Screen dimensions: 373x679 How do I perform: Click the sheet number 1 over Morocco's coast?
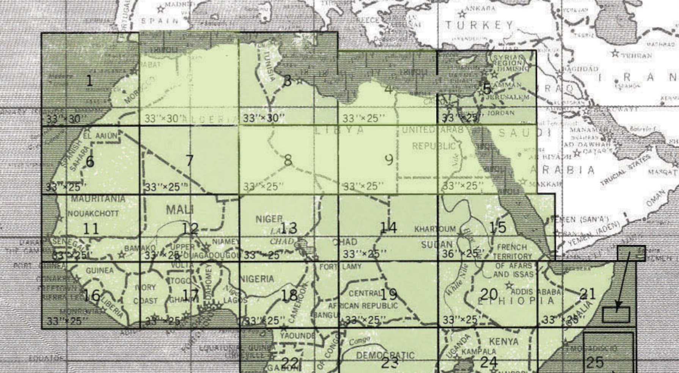pyautogui.click(x=90, y=80)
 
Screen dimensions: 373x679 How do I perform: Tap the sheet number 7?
pyautogui.click(x=190, y=161)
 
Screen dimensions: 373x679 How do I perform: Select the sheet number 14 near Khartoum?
pyautogui.click(x=388, y=227)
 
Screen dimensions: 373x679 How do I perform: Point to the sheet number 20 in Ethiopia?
pyautogui.click(x=489, y=294)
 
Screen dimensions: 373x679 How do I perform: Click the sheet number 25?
pyautogui.click(x=594, y=362)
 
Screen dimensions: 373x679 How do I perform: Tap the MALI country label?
pyautogui.click(x=179, y=209)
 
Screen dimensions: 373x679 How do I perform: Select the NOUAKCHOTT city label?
pyautogui.click(x=93, y=213)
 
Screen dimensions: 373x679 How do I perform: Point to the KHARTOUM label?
pyautogui.click(x=435, y=229)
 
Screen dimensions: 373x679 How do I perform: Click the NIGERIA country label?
pyautogui.click(x=257, y=279)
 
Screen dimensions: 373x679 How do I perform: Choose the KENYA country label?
pyautogui.click(x=504, y=342)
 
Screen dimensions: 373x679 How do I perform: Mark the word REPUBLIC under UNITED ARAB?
pyautogui.click(x=434, y=146)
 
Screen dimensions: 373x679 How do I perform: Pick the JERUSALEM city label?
pyautogui.click(x=507, y=97)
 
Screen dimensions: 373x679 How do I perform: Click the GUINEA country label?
pyautogui.click(x=99, y=270)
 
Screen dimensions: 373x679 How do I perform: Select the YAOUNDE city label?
pyautogui.click(x=297, y=335)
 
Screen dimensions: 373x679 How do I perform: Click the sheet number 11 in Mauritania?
pyautogui.click(x=91, y=229)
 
